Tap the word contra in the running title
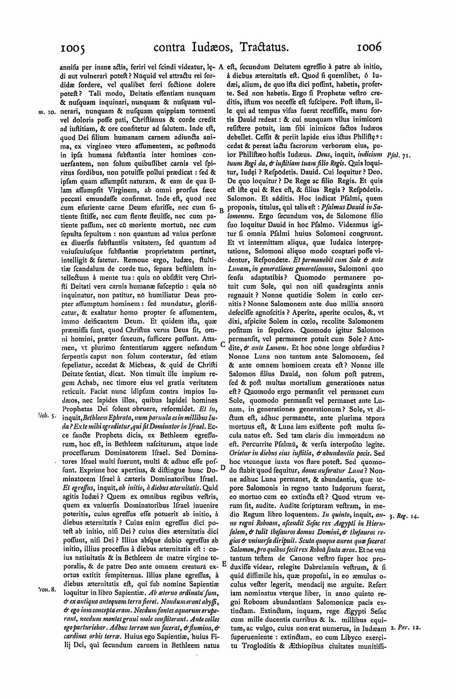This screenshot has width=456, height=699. tap(171, 47)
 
